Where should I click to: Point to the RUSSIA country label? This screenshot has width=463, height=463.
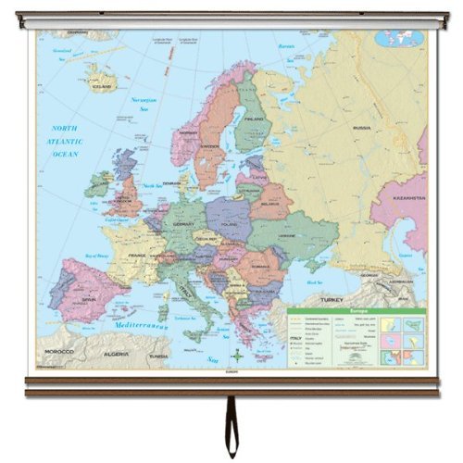(361, 128)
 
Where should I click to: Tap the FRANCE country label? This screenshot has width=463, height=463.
(137, 255)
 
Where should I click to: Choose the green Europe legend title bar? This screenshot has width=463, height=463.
(356, 313)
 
